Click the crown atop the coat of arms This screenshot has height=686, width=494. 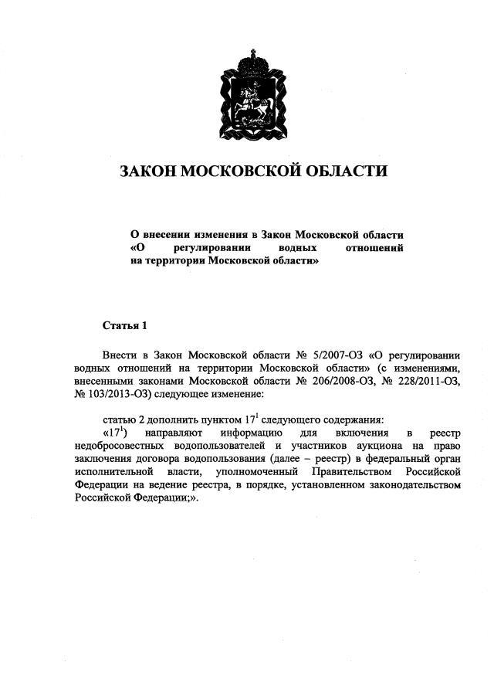pyautogui.click(x=247, y=59)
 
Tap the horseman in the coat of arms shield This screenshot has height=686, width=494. pyautogui.click(x=247, y=104)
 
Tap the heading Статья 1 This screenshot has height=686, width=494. pyautogui.click(x=123, y=325)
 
